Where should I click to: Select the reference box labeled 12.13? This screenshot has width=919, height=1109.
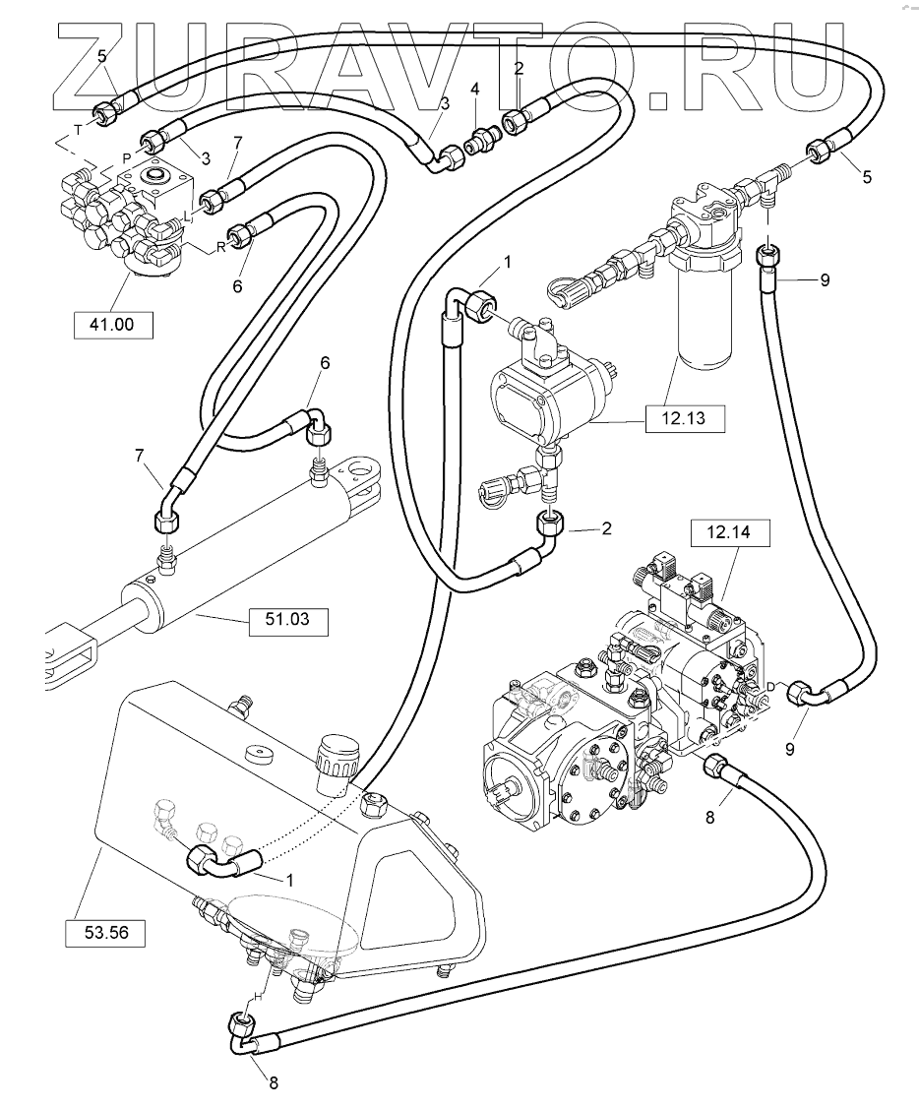click(686, 419)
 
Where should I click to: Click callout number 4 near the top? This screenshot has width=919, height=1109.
click(475, 90)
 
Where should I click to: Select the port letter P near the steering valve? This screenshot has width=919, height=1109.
click(126, 157)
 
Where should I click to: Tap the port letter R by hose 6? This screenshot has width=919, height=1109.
click(221, 248)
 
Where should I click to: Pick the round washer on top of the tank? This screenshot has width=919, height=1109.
click(261, 756)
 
